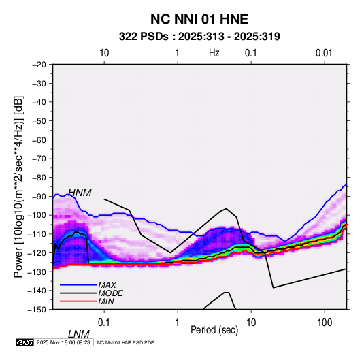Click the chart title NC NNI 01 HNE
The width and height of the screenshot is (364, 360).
click(x=199, y=19)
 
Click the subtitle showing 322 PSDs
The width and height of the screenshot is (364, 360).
click(x=199, y=37)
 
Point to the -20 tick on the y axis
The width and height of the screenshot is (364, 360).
click(x=39, y=65)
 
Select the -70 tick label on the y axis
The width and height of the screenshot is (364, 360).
click(x=39, y=159)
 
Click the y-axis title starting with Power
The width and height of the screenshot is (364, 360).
click(x=18, y=186)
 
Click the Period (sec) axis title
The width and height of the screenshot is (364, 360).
click(x=214, y=330)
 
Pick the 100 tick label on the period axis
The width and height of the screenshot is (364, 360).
click(x=325, y=323)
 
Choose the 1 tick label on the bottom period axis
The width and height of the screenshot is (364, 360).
click(x=178, y=323)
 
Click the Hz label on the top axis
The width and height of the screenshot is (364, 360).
click(x=214, y=53)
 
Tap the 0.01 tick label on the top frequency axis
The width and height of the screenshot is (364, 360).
click(x=324, y=53)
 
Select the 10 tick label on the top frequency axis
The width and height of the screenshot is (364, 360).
click(x=104, y=53)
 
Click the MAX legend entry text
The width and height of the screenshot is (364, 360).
click(x=107, y=285)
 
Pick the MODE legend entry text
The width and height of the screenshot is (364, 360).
click(x=110, y=293)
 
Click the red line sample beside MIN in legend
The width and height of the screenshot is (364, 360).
click(x=78, y=301)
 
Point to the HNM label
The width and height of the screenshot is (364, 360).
click(x=80, y=193)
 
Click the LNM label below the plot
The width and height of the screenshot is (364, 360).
click(x=79, y=334)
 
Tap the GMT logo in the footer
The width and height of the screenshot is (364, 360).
click(x=25, y=342)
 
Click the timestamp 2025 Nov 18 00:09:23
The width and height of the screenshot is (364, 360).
click(x=63, y=342)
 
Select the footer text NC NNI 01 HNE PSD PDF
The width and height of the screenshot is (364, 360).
click(x=125, y=343)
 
